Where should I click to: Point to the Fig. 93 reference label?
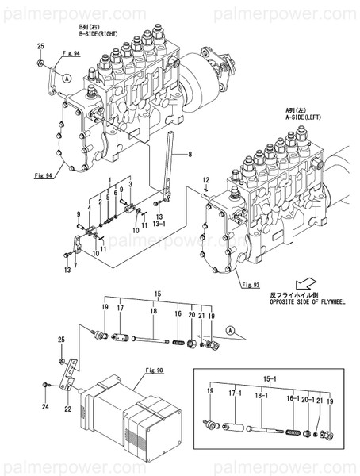tap(251, 284)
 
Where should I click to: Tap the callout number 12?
tap(204, 181)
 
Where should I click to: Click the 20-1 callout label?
tap(304, 393)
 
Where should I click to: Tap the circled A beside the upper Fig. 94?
tap(67, 79)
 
